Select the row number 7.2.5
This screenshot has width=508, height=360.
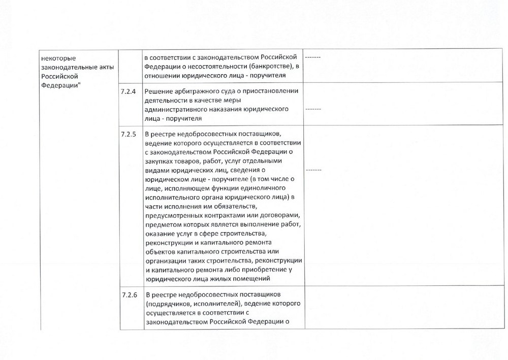pyautogui.click(x=129, y=134)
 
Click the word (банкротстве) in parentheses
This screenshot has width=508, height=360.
pyautogui.click(x=270, y=67)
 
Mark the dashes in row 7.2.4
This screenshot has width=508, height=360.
pyautogui.click(x=313, y=109)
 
